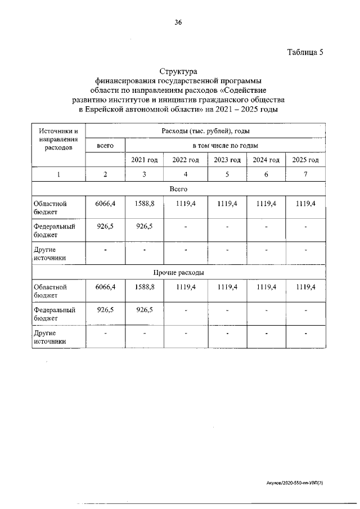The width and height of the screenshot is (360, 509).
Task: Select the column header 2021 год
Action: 145,160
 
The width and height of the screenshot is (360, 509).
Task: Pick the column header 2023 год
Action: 227,160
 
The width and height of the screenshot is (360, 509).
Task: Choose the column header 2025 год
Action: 305,160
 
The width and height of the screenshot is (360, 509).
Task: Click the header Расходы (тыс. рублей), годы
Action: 205,131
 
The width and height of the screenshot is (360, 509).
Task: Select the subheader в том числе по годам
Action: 225,145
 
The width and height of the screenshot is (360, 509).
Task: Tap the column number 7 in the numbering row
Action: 305,174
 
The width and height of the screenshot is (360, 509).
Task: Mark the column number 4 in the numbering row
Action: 186,174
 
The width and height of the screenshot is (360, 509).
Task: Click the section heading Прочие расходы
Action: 178,272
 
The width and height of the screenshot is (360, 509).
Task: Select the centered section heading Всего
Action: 178,189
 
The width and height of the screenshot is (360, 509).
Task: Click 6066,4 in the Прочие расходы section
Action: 105,287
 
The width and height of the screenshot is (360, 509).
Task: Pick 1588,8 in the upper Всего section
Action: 145,204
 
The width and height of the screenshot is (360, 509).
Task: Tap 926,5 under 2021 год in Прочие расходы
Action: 145,309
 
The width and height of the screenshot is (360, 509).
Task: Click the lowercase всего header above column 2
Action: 105,145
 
